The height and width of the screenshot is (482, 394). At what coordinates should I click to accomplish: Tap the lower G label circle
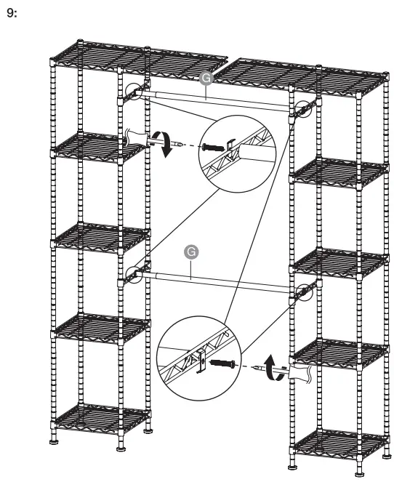[x=191, y=252]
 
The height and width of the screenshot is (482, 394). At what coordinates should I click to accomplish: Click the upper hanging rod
[x=218, y=100]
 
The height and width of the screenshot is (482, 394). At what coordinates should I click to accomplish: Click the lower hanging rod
[x=218, y=283]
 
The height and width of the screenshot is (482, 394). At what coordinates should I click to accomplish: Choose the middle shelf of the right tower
[x=339, y=262]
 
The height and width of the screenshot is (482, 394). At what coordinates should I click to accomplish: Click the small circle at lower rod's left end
[x=133, y=274]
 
